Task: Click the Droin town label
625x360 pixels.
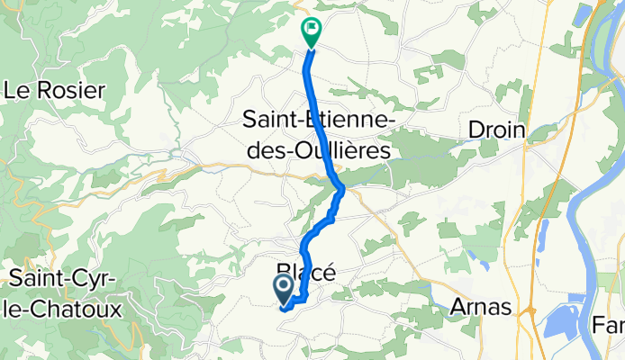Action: coord(496,130)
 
